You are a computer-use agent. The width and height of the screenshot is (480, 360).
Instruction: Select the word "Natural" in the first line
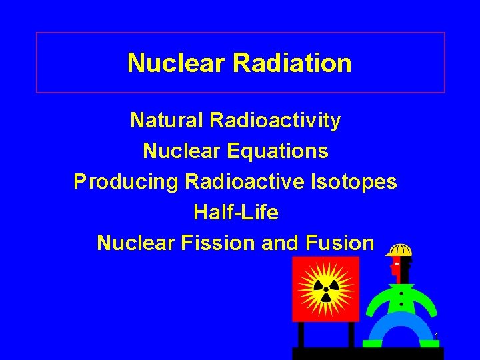coord(167,121)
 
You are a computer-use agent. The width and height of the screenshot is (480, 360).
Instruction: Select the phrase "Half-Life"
coord(236,213)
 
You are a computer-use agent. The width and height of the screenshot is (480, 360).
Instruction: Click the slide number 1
coord(436,336)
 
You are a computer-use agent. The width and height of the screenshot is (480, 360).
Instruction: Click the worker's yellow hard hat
coord(399,251)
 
